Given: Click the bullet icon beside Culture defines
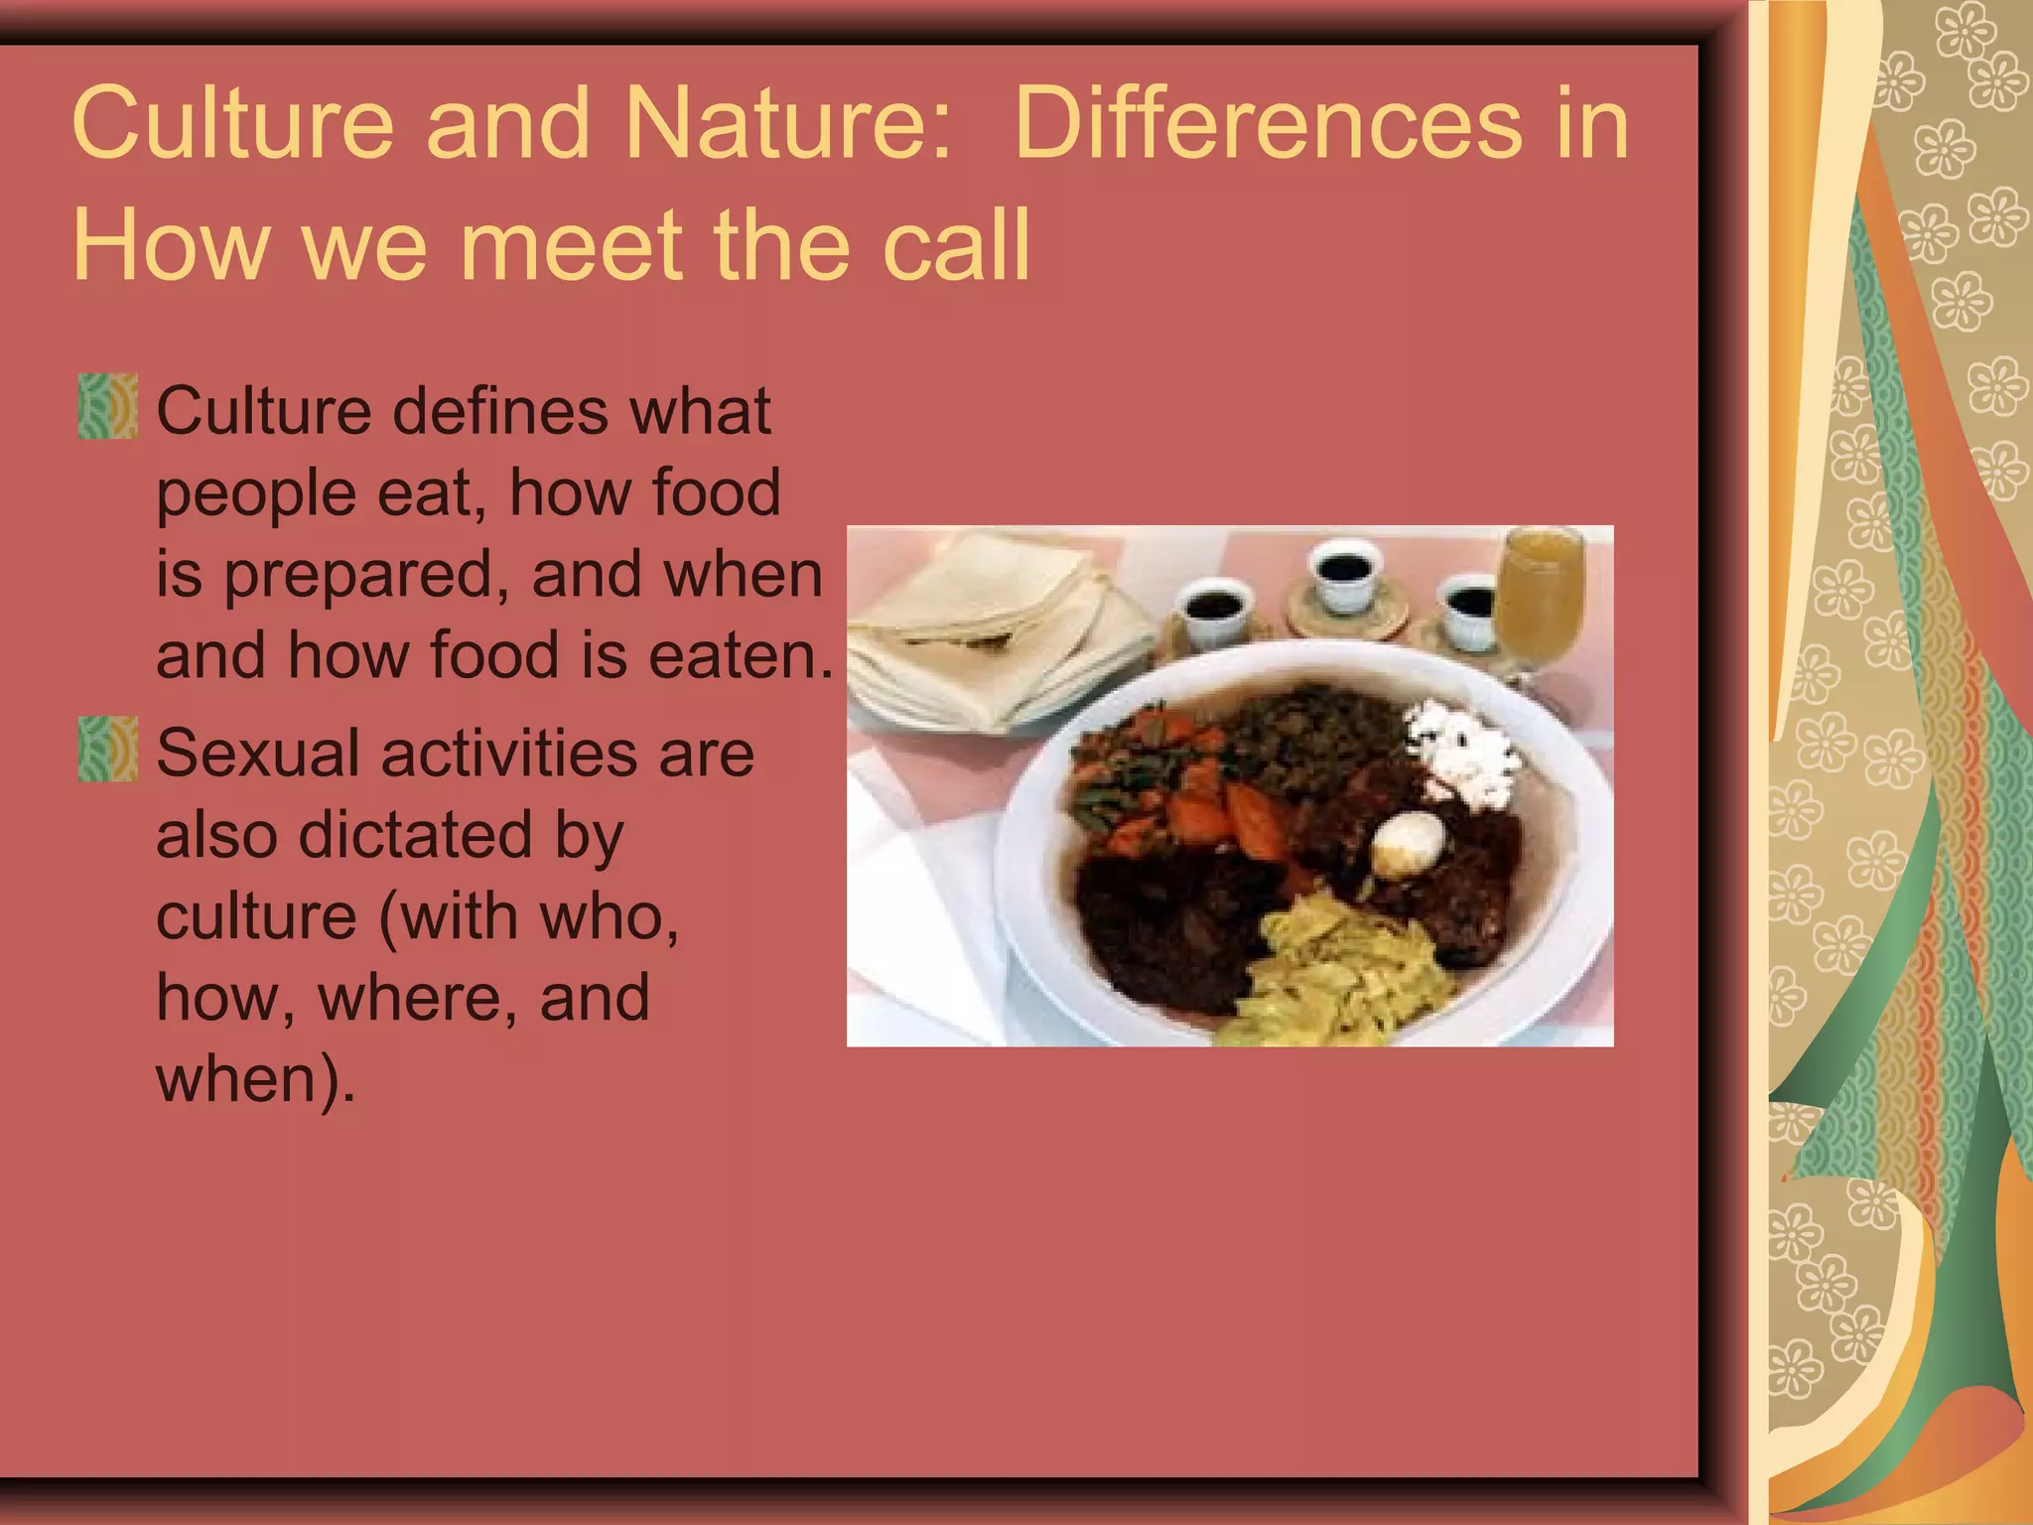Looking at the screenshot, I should (x=107, y=406).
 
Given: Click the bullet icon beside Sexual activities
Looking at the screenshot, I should (x=107, y=749).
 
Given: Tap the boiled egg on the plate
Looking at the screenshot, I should (x=1408, y=842).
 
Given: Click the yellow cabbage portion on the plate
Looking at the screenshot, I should (x=1340, y=978).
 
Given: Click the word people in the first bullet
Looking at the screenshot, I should (x=255, y=493).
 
